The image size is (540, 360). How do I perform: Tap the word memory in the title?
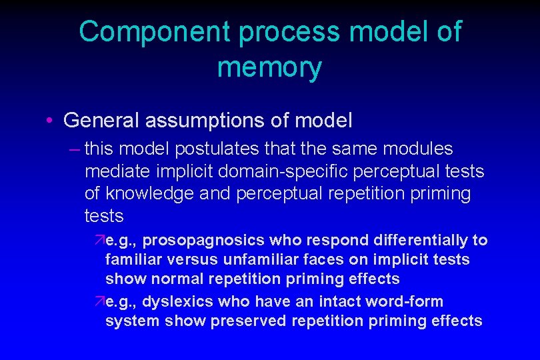269,68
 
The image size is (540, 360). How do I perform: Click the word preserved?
250,321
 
